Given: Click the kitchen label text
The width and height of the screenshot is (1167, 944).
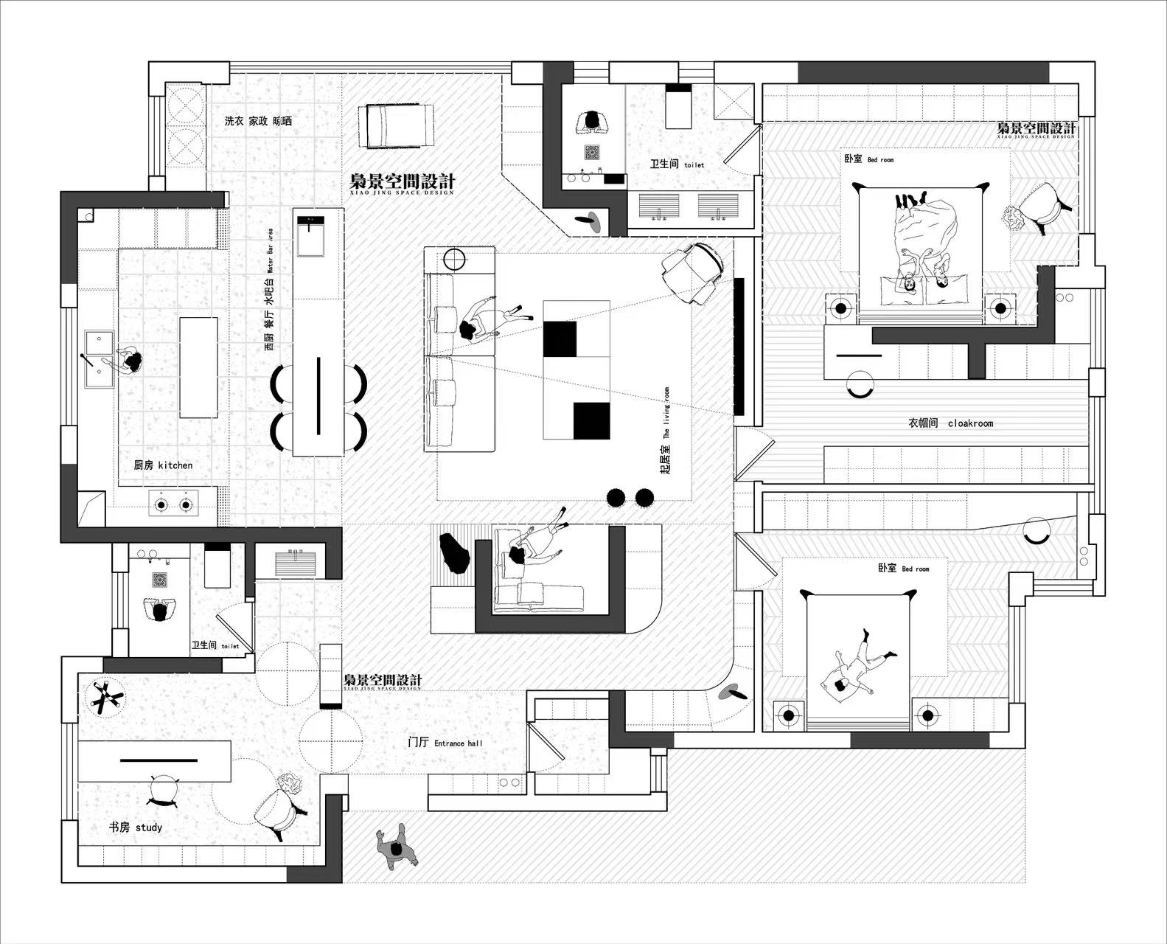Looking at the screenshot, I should tap(163, 465).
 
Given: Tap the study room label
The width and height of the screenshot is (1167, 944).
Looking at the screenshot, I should tap(136, 827).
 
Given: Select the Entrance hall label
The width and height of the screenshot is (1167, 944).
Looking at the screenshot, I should tap(445, 743).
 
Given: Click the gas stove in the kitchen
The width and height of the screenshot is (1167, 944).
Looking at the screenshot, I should tap(173, 505).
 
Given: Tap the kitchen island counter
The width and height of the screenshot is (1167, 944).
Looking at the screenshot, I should tap(198, 367).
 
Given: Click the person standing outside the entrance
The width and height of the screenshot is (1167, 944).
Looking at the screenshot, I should tap(397, 849).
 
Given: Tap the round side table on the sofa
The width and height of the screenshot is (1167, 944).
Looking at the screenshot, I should tap(455, 259).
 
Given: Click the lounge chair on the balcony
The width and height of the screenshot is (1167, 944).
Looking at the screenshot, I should tap(396, 125).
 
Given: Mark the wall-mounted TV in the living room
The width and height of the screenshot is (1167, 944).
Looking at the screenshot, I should tap(739, 347).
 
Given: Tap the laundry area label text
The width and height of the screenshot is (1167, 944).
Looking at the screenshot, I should tap(258, 120).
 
